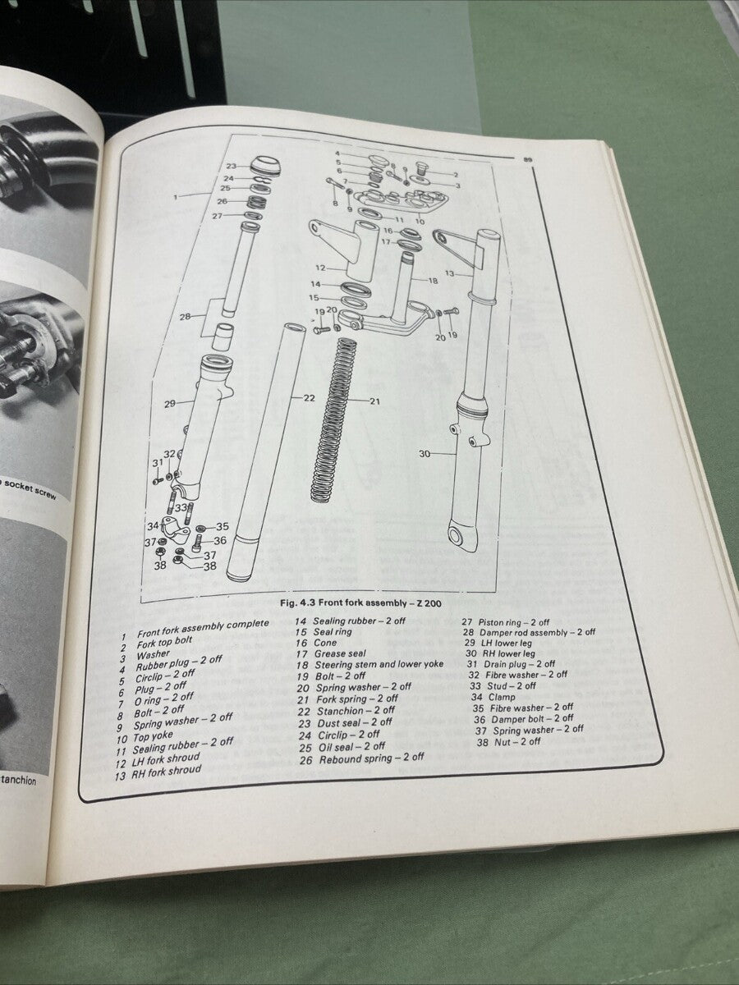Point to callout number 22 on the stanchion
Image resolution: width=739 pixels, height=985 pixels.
click(309, 398)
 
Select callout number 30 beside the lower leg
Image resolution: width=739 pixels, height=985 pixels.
click(425, 453)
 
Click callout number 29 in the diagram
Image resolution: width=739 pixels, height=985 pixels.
click(170, 403)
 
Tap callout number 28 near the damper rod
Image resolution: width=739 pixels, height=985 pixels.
click(186, 315)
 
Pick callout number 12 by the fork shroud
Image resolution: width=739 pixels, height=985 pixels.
click(321, 268)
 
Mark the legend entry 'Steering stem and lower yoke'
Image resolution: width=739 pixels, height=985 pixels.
click(379, 664)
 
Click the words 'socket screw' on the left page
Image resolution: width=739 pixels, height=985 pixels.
click(34, 484)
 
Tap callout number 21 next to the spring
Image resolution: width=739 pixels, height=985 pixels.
click(374, 401)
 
